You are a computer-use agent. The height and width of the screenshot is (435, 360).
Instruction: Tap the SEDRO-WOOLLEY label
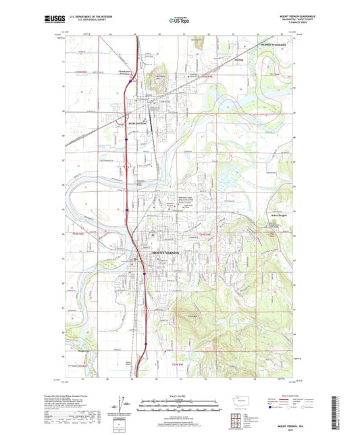click(x=274, y=45)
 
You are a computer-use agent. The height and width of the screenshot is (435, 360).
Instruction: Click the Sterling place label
click(x=238, y=60)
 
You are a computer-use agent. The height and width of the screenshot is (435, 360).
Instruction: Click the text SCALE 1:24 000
click(x=180, y=396)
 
